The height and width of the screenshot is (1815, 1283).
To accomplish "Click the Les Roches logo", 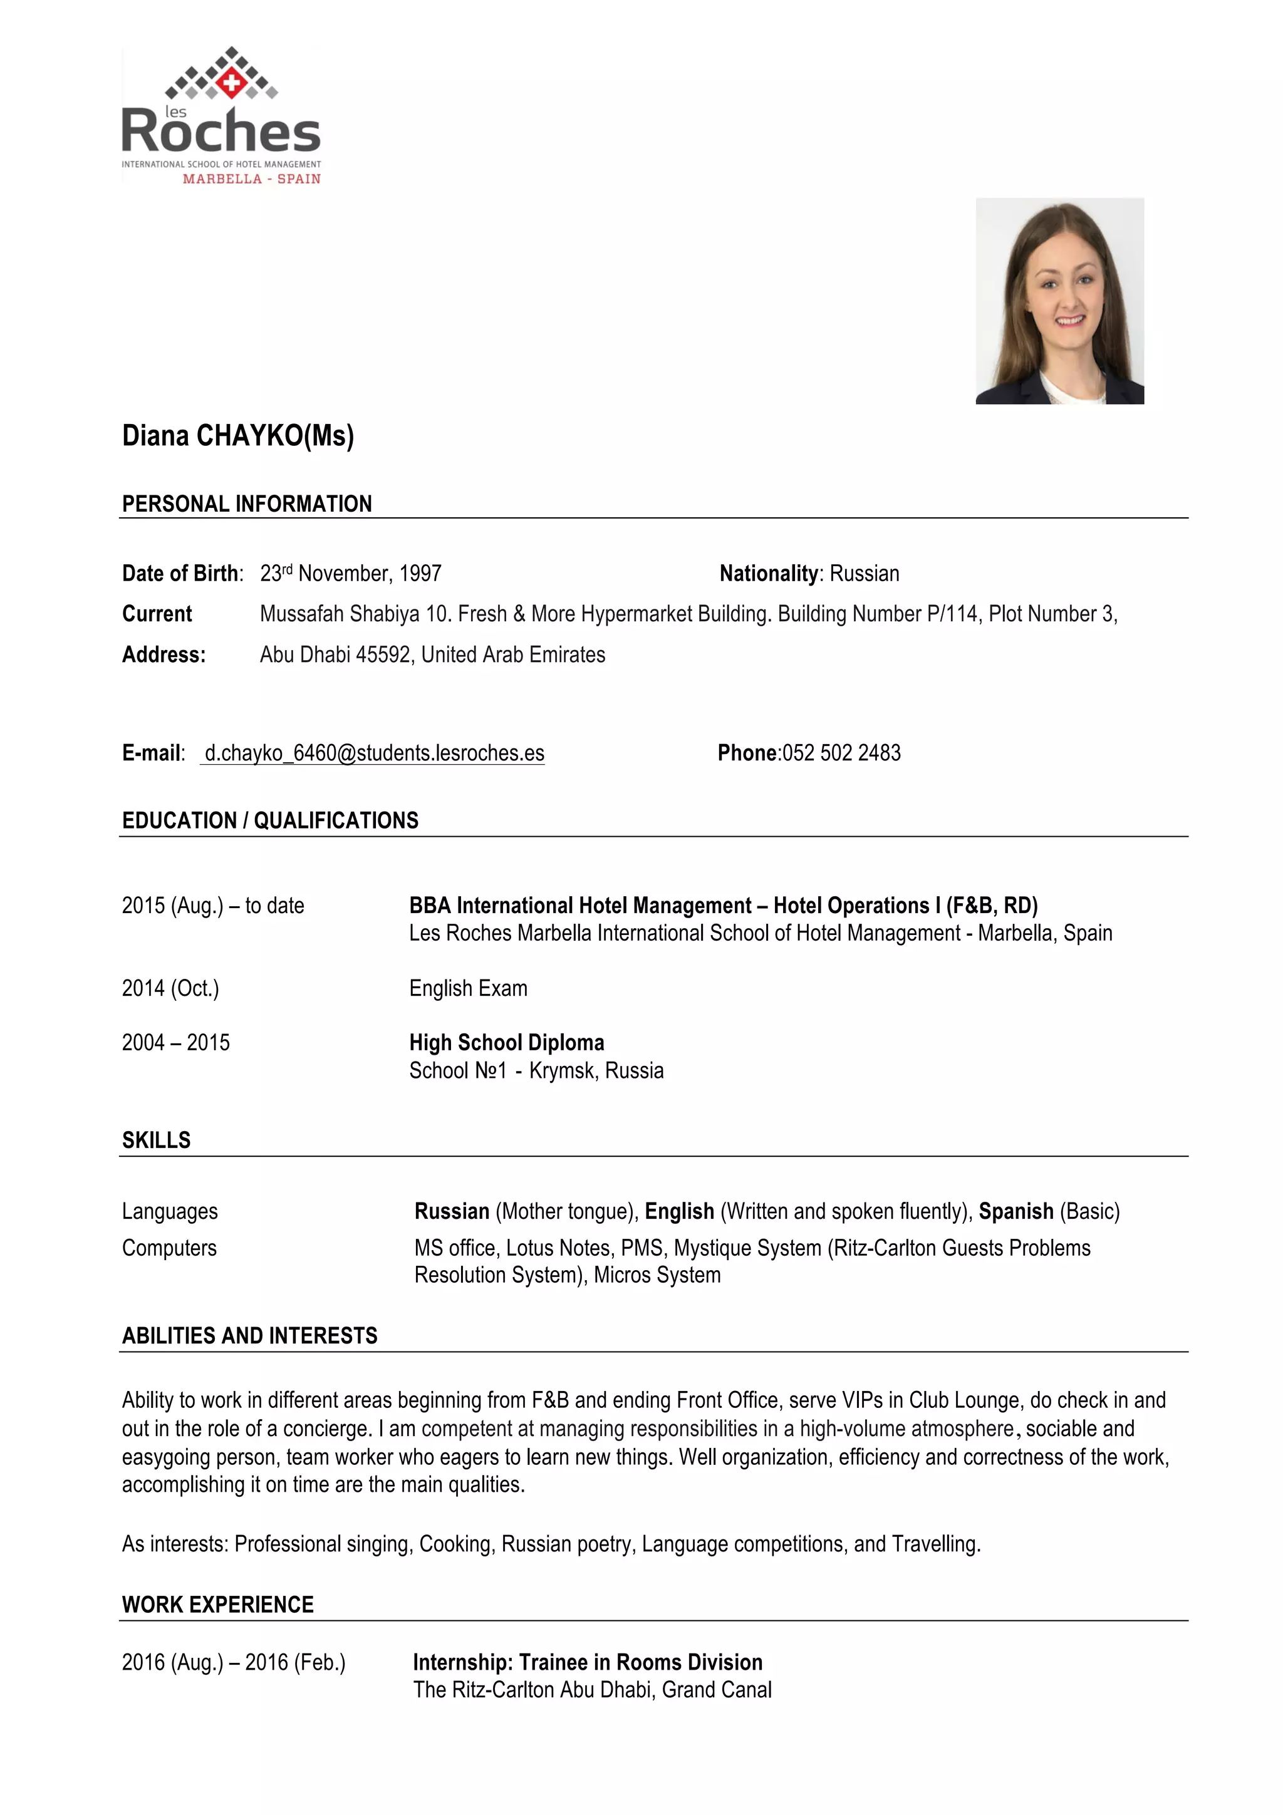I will click(x=221, y=116).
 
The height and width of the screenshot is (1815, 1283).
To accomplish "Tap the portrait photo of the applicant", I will click(x=1059, y=301).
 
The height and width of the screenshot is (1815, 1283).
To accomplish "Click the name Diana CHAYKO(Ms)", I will click(x=238, y=435).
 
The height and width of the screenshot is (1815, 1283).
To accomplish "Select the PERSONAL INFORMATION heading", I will click(x=247, y=504).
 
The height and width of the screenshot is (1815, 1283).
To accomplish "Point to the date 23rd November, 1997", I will click(x=351, y=573).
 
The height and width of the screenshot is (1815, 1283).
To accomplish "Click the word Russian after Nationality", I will click(x=864, y=573).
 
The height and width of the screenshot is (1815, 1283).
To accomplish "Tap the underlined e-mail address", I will click(x=374, y=753).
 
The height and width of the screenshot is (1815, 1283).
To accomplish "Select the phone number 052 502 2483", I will click(x=841, y=753).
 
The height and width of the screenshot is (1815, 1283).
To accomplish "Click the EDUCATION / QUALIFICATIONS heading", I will click(x=271, y=820).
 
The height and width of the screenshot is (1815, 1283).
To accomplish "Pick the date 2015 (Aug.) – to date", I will click(x=212, y=905).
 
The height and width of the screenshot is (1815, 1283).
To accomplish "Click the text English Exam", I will click(x=468, y=988).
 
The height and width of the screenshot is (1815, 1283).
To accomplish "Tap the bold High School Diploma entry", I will click(x=507, y=1043).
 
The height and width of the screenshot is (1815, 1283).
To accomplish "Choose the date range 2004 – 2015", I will click(x=175, y=1043).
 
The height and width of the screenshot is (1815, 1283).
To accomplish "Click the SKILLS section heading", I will click(x=157, y=1140).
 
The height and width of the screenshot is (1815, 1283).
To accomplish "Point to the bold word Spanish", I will click(x=1015, y=1211).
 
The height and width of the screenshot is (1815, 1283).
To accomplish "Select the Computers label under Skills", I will click(x=169, y=1248).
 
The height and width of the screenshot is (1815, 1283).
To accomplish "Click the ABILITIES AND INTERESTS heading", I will click(x=250, y=1336).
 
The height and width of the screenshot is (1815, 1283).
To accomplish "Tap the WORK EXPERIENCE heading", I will click(x=218, y=1605).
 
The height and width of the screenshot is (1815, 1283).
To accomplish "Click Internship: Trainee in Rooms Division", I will click(x=588, y=1662).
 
